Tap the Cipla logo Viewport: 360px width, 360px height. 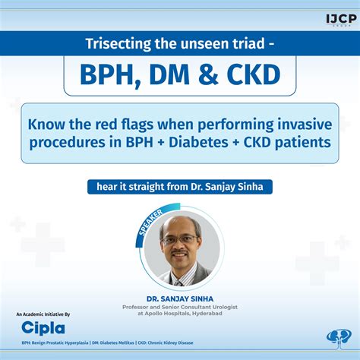coord(43,328)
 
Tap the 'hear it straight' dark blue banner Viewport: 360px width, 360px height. coord(179,185)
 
